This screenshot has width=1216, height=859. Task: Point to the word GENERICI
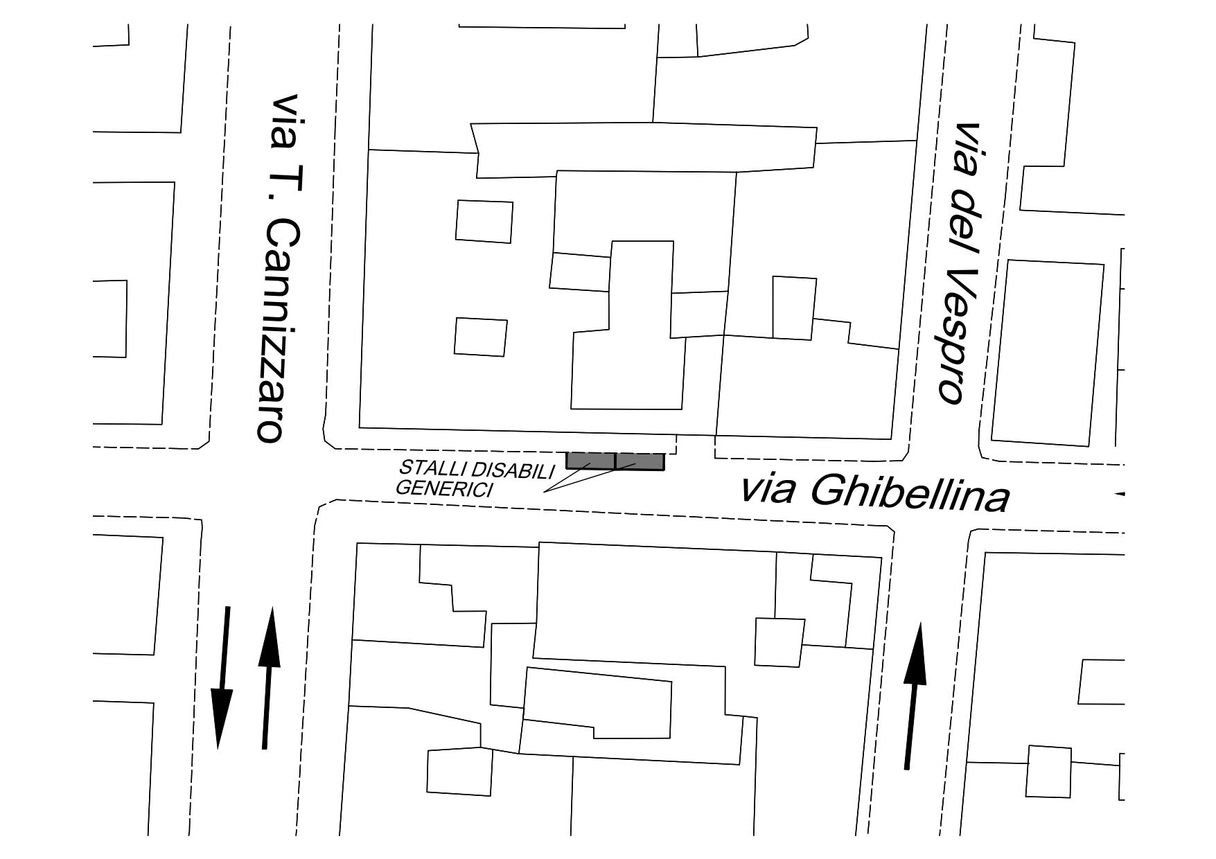(443, 488)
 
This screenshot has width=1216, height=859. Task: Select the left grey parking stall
(590, 461)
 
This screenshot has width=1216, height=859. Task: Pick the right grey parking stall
(640, 461)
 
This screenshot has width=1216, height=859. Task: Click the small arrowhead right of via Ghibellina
(1119, 494)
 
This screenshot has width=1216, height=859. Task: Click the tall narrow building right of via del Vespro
(1048, 353)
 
